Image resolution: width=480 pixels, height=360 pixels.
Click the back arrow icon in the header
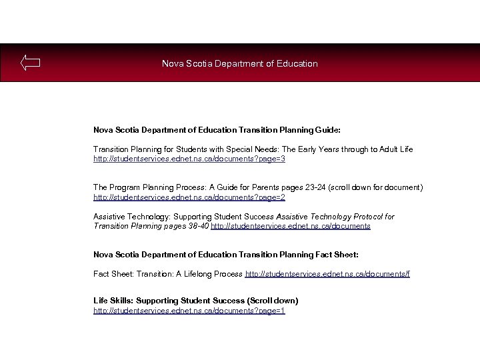click(x=30, y=63)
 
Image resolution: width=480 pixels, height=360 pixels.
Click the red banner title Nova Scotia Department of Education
click(x=240, y=64)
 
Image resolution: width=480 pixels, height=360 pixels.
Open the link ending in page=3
click(x=189, y=159)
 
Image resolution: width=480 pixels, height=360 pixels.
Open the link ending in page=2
click(x=189, y=197)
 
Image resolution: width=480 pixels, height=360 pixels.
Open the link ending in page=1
click(x=189, y=311)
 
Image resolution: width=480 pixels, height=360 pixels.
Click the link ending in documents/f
click(x=328, y=274)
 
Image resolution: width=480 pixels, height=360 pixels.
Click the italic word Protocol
click(x=379, y=217)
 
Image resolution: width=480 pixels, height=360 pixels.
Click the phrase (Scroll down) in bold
click(x=273, y=301)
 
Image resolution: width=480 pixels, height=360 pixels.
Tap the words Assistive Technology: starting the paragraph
click(x=131, y=217)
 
